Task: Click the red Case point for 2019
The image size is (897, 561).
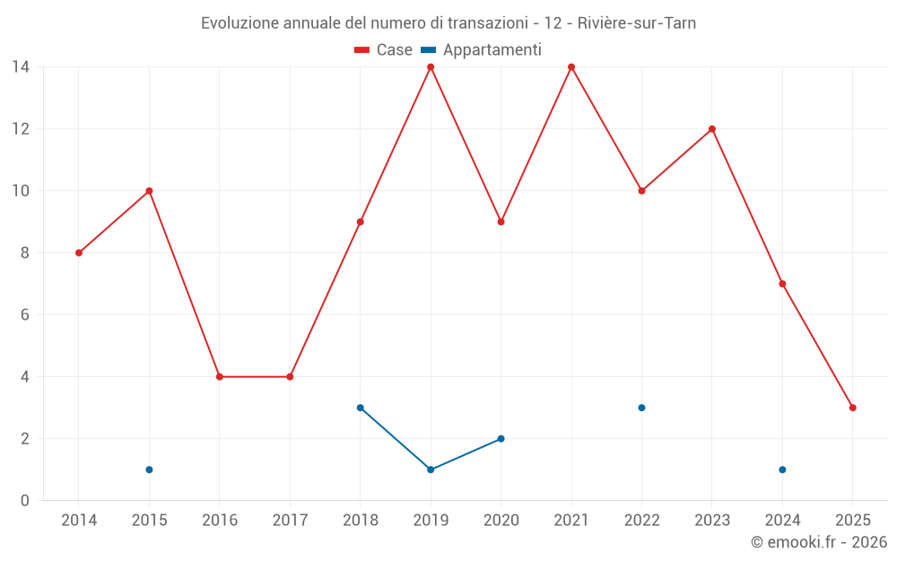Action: (431, 67)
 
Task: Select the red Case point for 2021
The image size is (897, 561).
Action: (571, 67)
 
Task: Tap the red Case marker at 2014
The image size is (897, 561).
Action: (79, 253)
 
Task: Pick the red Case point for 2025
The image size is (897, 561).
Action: (853, 408)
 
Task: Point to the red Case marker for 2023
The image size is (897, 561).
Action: (712, 129)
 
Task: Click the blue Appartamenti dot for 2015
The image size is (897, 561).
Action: (149, 469)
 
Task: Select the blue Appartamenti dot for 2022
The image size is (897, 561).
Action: (641, 408)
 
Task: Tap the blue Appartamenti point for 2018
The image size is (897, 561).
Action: (361, 408)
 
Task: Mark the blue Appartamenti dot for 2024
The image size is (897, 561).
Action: (782, 469)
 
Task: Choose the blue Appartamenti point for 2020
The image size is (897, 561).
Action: (501, 439)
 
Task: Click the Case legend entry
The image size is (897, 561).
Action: (383, 50)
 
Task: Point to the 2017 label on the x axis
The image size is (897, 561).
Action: (290, 520)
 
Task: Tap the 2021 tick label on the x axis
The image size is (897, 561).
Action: (571, 520)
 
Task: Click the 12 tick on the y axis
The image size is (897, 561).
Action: (20, 129)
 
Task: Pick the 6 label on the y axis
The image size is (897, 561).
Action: (24, 315)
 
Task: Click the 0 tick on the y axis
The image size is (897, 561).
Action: (24, 501)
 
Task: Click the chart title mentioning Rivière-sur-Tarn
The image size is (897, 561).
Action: (448, 23)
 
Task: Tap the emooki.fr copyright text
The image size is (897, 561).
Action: (819, 542)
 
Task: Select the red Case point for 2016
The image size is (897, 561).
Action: (220, 377)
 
